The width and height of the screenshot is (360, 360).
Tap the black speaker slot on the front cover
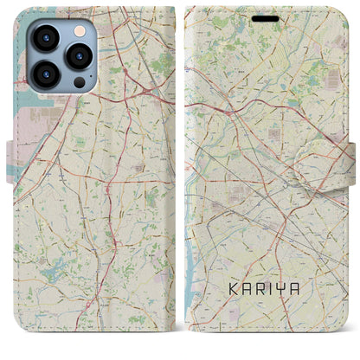tap(265, 17)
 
